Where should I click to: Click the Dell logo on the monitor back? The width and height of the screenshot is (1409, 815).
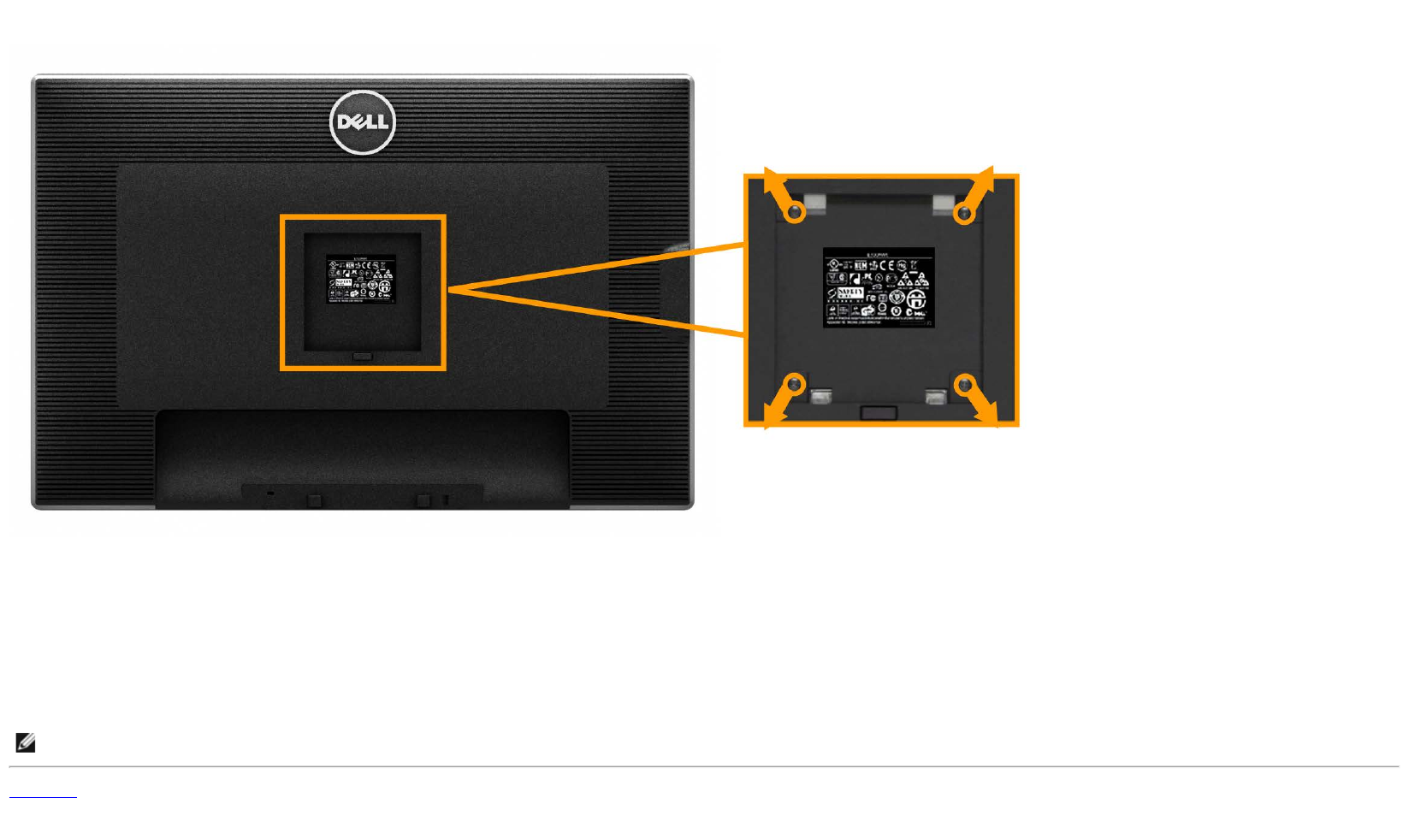[363, 122]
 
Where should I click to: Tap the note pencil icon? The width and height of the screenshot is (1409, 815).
[26, 742]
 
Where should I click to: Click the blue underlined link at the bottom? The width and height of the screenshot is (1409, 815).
[43, 795]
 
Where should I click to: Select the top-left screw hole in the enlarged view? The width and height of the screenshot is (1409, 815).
[796, 211]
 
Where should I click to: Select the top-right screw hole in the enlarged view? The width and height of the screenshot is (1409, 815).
[964, 212]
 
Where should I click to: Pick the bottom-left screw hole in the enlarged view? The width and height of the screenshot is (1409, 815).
[795, 385]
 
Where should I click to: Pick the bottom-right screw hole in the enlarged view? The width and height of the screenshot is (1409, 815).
[965, 385]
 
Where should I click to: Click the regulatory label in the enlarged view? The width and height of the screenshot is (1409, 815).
[879, 287]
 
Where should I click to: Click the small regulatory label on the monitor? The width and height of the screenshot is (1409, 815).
[360, 279]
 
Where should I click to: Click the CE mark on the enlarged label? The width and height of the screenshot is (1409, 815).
[886, 266]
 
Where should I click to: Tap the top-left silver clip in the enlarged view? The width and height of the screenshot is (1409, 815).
[815, 203]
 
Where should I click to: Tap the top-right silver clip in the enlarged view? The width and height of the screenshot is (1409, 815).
[943, 203]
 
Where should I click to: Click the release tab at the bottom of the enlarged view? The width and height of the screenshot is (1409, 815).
[879, 413]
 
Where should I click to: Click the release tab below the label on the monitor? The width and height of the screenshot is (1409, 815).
[362, 356]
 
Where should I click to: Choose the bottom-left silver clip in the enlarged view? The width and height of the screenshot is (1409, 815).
[821, 396]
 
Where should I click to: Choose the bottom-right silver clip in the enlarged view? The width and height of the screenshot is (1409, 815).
[936, 396]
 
